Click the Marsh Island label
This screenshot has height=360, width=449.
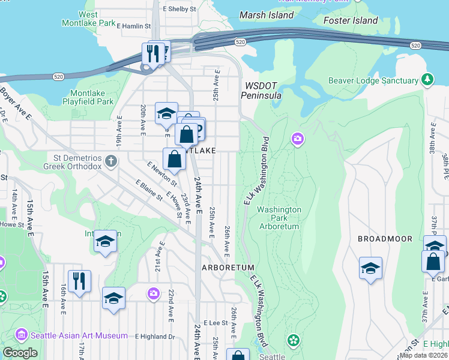267,15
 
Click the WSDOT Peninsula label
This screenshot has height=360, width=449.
261,91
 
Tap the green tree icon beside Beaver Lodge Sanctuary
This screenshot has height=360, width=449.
427,80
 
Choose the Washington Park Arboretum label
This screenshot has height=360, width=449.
279,218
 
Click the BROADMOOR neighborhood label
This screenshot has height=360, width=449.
385,239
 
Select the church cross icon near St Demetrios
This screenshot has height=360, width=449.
110,160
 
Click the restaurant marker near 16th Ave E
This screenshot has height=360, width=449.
79,280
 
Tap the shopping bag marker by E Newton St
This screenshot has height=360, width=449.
174,159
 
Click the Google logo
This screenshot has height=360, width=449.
20,353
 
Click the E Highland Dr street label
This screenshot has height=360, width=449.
154,337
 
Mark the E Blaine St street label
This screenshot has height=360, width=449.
149,190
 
